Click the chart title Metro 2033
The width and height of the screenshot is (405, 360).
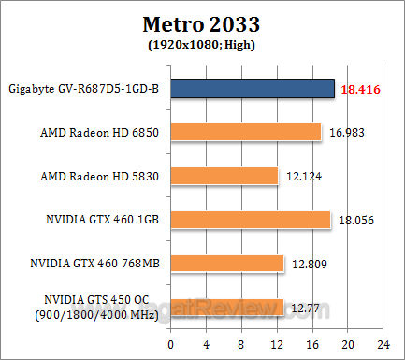[x=202, y=22]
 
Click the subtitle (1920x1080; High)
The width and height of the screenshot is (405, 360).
[x=202, y=43]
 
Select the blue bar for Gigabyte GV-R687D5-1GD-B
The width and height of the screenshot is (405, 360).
[x=252, y=88]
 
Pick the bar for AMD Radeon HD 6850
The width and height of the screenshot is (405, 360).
[x=245, y=132]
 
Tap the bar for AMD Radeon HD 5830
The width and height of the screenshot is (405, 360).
[x=224, y=176]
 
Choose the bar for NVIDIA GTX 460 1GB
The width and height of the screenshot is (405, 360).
[x=250, y=220]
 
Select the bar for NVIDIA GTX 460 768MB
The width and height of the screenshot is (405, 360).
[x=226, y=264]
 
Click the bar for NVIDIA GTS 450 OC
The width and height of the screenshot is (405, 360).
[x=226, y=307]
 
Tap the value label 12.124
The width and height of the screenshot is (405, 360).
[x=303, y=176]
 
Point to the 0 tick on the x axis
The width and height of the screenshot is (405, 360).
[x=170, y=343]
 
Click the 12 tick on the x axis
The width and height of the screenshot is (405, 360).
[x=277, y=343]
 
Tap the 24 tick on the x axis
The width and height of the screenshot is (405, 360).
[x=383, y=343]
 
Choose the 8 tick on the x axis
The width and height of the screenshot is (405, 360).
[x=241, y=343]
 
